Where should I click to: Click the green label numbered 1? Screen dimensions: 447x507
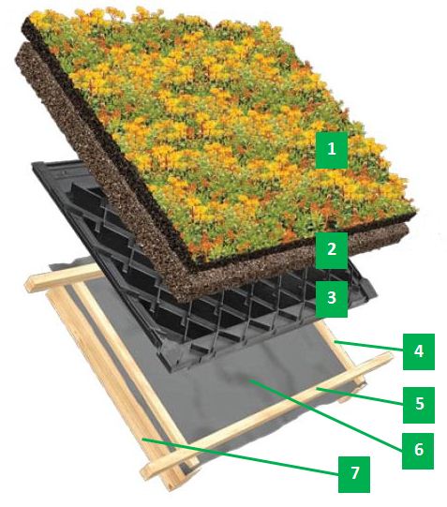[x=332, y=150]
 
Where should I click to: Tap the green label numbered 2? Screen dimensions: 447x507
[x=332, y=250]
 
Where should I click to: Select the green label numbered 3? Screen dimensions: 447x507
[x=332, y=299]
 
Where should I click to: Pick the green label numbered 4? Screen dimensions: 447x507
[x=419, y=351]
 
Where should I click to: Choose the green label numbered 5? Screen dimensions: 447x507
[x=419, y=405]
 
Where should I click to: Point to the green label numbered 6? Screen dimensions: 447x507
[x=418, y=451]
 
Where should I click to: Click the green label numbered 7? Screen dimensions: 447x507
[x=354, y=474]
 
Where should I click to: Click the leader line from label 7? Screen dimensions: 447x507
[x=240, y=457]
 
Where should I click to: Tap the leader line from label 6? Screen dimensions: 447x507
[x=325, y=416]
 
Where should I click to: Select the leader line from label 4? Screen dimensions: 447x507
[x=368, y=345]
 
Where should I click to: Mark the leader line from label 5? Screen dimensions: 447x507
[x=360, y=396]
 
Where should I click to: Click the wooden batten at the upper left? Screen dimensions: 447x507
[x=65, y=276]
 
